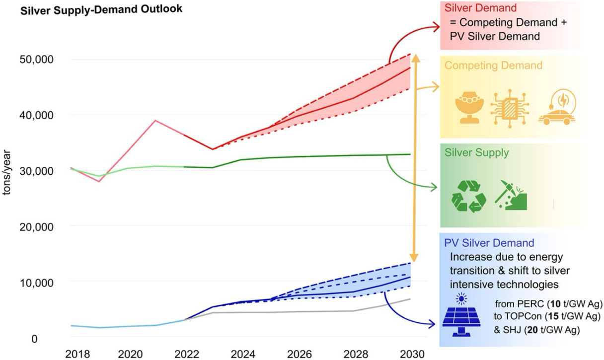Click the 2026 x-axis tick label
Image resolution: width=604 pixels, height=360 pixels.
point(300,354)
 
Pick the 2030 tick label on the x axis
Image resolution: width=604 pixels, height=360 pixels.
point(412,354)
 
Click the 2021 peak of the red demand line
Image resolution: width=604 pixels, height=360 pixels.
point(155,120)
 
